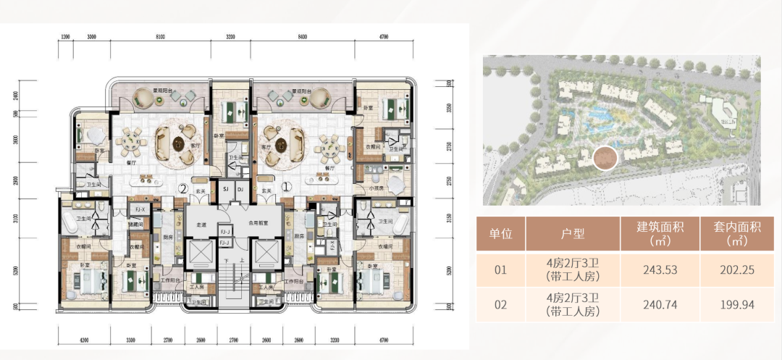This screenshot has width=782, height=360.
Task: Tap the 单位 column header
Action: [500, 233]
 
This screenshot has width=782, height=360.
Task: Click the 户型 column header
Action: [573, 233]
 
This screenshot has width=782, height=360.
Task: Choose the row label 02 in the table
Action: [500, 305]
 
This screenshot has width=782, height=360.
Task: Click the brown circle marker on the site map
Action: [605, 156]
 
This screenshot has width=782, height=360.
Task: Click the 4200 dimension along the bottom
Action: [83, 340]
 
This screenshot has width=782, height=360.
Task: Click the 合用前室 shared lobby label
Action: [258, 225]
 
